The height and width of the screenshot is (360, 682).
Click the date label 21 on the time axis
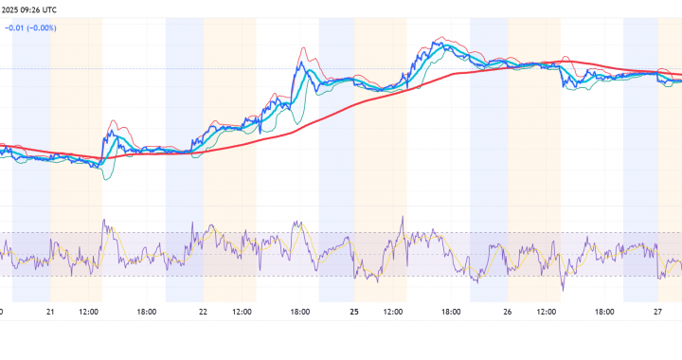(x=50, y=311)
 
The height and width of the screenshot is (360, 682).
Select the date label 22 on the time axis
(x=204, y=311)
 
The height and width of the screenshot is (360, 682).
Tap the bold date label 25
(x=355, y=311)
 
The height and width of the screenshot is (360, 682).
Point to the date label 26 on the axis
(x=508, y=311)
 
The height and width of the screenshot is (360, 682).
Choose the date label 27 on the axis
(x=658, y=311)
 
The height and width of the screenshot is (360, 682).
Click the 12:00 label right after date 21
(x=89, y=311)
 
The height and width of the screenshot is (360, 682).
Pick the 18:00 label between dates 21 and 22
(x=146, y=311)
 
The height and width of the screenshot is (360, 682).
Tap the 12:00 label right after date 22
(x=242, y=311)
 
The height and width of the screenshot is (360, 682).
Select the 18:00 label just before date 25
(x=299, y=311)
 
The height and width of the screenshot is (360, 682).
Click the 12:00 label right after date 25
(x=393, y=311)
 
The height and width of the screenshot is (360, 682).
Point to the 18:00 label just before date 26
(x=451, y=311)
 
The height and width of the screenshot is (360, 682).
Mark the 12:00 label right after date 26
(x=546, y=311)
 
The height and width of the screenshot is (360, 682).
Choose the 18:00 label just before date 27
(x=603, y=311)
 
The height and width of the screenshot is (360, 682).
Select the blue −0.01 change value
(x=15, y=27)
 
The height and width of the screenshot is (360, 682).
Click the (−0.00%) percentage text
(x=43, y=27)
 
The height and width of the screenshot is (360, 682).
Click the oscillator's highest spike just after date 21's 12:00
(x=105, y=224)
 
